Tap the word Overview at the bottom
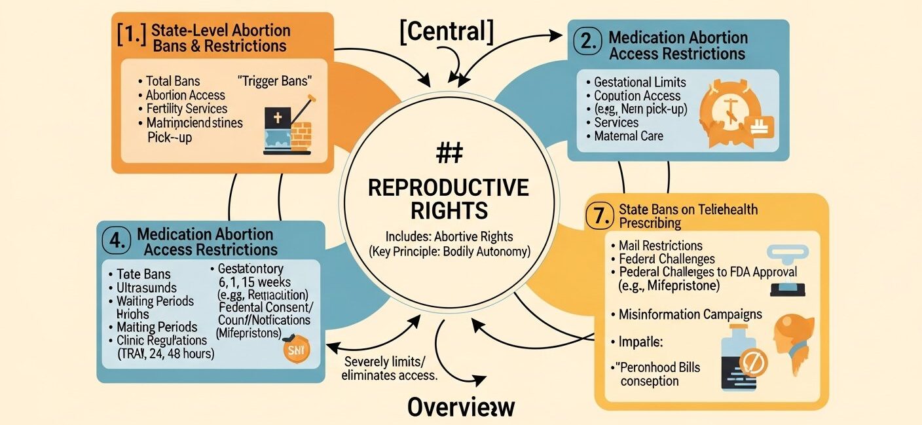click(x=460, y=406)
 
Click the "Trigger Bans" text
click(x=274, y=81)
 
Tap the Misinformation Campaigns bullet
click(x=690, y=314)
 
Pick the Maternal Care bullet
click(x=628, y=136)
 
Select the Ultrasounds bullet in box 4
click(x=146, y=287)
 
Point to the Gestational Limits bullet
click(x=639, y=82)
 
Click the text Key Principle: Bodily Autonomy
click(x=449, y=251)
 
